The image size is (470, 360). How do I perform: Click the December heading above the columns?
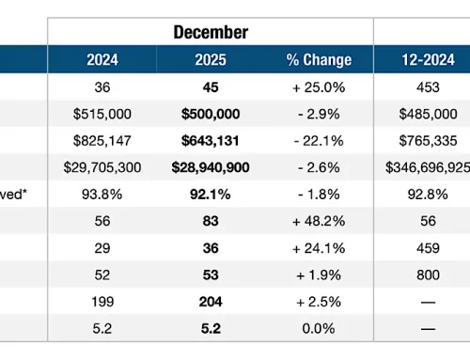[x=211, y=32]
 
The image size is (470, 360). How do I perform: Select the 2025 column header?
[x=211, y=60]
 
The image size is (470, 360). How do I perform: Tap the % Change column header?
[x=318, y=60]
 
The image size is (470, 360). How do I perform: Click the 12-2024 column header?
[x=421, y=60]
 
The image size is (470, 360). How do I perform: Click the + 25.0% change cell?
[x=318, y=86]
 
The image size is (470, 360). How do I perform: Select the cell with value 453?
[x=421, y=86]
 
